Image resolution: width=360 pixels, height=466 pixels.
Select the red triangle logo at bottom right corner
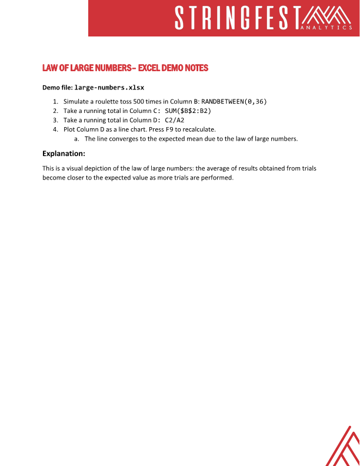[344, 446]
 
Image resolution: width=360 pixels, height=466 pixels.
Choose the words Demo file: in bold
[57, 88]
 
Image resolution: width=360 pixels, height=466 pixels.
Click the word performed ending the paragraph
[218, 178]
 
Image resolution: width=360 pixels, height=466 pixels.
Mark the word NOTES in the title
[196, 68]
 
